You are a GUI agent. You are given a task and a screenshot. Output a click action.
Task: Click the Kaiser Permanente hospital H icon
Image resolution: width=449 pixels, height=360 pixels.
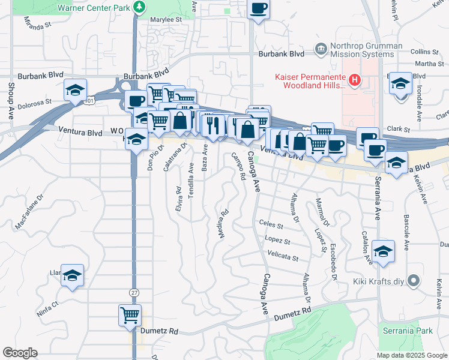tap(355, 79)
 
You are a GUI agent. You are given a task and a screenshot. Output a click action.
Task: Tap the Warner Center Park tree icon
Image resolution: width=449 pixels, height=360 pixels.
tap(140, 7)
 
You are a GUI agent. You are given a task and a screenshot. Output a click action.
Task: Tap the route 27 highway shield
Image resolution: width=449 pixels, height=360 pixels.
tap(133, 292)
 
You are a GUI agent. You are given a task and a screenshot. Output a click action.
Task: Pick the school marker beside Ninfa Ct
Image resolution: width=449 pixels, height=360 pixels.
tap(72, 275)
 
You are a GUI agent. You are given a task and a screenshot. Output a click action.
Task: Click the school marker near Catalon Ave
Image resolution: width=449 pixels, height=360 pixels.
tap(383, 251)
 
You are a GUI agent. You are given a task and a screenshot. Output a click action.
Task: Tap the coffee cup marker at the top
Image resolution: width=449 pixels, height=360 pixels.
tap(259, 8)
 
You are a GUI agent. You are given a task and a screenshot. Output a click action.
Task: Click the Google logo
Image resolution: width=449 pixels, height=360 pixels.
tap(20, 353)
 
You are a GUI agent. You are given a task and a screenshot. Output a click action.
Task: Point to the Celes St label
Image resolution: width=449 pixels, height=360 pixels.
tap(271, 224)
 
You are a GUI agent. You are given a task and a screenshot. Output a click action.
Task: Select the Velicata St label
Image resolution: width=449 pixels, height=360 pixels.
tap(283, 257)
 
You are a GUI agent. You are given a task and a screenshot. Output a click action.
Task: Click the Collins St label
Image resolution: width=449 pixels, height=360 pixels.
tap(414, 52)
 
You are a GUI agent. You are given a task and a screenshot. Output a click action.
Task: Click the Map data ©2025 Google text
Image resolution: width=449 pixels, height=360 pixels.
tap(411, 355)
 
